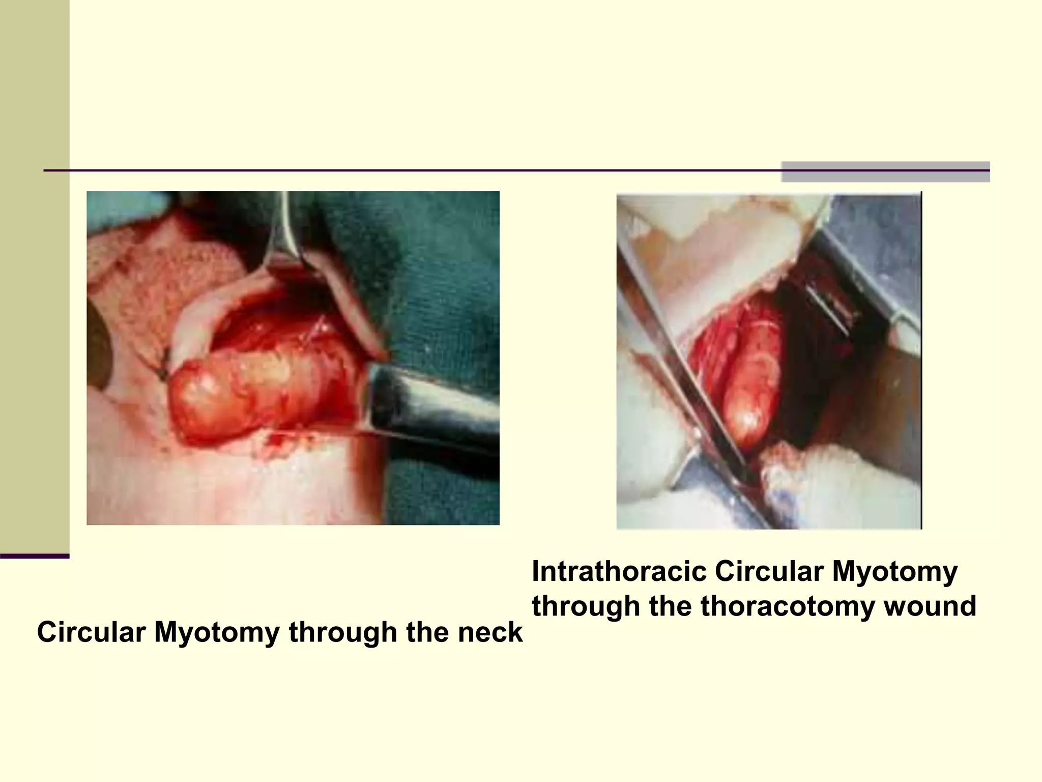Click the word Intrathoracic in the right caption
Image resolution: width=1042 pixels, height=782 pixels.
619,572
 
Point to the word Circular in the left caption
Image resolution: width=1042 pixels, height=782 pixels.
91,632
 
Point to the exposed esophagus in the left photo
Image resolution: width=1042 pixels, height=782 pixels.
254,392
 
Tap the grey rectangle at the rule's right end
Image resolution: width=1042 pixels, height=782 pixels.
885,172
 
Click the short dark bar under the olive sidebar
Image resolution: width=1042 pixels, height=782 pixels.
35,556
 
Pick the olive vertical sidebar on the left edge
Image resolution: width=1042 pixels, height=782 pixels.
35,275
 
